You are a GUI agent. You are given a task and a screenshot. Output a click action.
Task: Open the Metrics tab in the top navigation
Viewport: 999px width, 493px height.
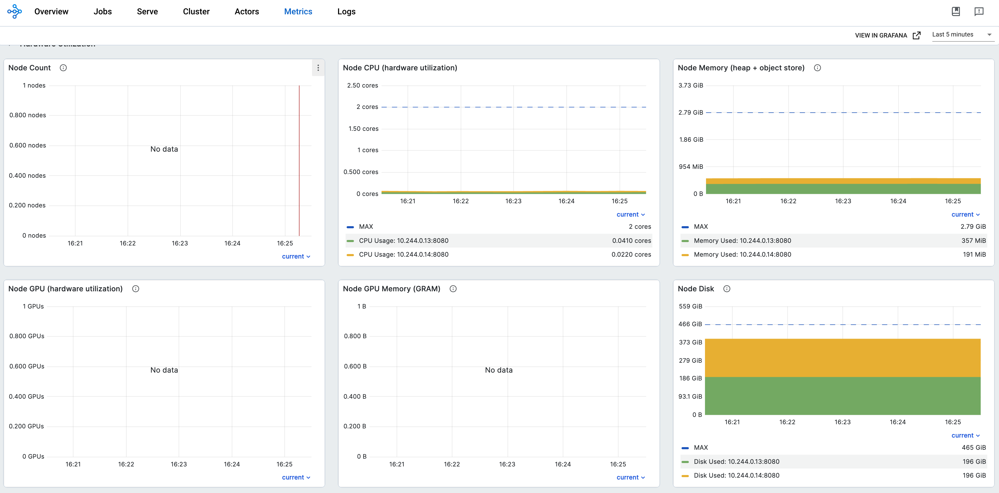point(298,12)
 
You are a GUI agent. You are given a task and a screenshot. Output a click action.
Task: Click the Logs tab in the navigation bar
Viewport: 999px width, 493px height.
point(346,12)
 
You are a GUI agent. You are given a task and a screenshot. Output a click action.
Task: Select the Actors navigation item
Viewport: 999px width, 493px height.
point(247,12)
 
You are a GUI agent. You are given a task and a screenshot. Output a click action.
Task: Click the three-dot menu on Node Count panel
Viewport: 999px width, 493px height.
point(318,68)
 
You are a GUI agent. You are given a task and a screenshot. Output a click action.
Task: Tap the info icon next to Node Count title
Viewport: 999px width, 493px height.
point(63,68)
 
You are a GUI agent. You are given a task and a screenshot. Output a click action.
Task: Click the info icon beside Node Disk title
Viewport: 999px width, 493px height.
point(727,289)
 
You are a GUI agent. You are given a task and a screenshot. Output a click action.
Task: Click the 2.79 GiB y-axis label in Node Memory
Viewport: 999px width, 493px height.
point(690,113)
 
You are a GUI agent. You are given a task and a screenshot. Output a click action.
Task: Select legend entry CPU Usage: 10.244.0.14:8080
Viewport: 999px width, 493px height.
point(403,255)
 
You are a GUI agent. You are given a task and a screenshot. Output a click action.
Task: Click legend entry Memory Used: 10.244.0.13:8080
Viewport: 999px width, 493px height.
point(742,241)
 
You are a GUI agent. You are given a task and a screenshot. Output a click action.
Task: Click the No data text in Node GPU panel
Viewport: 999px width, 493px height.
point(164,370)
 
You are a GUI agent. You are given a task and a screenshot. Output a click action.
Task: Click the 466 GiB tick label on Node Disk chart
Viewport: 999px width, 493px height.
point(690,324)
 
